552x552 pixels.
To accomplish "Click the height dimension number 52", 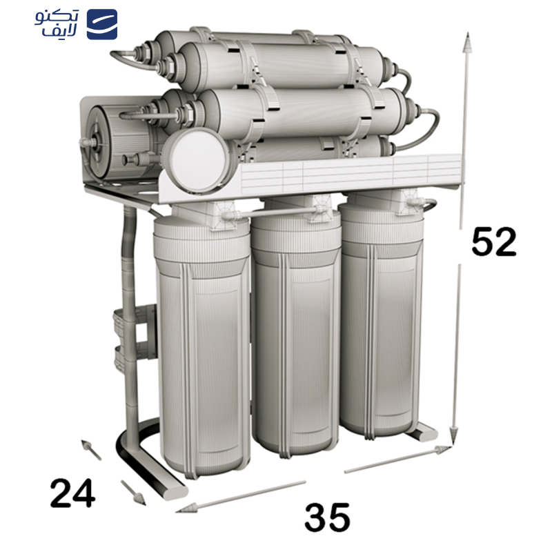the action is click(493, 241).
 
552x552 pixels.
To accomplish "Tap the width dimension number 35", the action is click(327, 517).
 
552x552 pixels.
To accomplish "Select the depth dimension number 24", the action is click(72, 493).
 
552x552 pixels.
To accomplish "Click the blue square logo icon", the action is click(101, 24).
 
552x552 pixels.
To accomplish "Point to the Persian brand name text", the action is click(57, 23).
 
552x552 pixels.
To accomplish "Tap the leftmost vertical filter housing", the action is click(201, 346).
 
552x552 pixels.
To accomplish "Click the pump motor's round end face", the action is click(99, 143).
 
